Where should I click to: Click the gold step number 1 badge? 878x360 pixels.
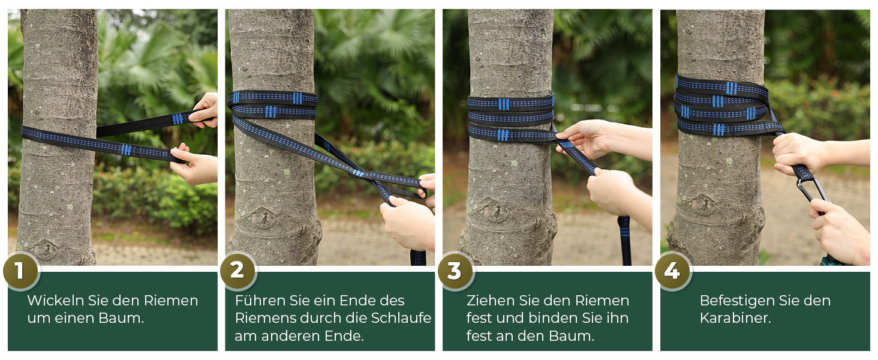point(20,271)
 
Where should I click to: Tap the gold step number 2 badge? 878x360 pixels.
point(238,271)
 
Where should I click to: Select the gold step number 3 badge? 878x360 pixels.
point(455,271)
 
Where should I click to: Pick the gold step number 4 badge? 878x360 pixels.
point(673,271)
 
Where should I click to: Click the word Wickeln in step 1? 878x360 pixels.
point(55,301)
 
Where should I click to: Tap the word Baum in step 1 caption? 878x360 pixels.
point(121,317)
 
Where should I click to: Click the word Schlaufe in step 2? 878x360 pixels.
point(401,317)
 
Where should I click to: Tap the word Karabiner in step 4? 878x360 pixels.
point(735,317)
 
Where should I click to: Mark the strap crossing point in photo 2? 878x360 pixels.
point(359,173)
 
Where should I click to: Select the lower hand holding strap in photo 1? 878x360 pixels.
point(194,165)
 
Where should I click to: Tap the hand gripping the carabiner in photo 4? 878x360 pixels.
point(841,232)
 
